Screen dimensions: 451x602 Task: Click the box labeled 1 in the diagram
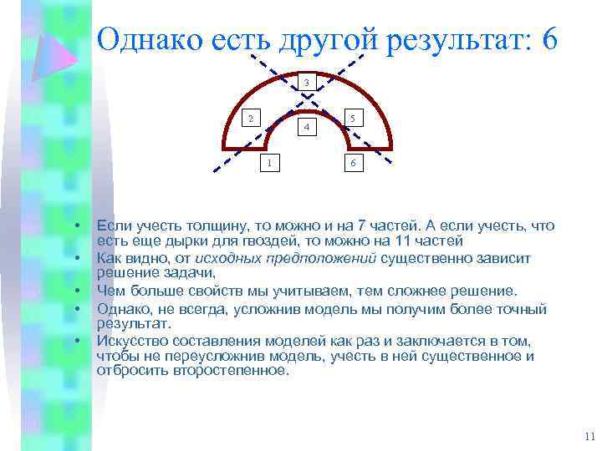click(268, 162)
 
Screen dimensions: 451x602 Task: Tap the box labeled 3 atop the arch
click(307, 83)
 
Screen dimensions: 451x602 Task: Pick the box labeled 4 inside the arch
click(307, 127)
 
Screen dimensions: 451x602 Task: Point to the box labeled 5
click(354, 118)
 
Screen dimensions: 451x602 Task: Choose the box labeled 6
click(353, 163)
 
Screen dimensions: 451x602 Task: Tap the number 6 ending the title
click(549, 40)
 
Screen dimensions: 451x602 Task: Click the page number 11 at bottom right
click(589, 436)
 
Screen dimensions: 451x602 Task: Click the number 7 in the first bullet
click(360, 226)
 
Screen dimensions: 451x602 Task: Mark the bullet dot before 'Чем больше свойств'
click(76, 291)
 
